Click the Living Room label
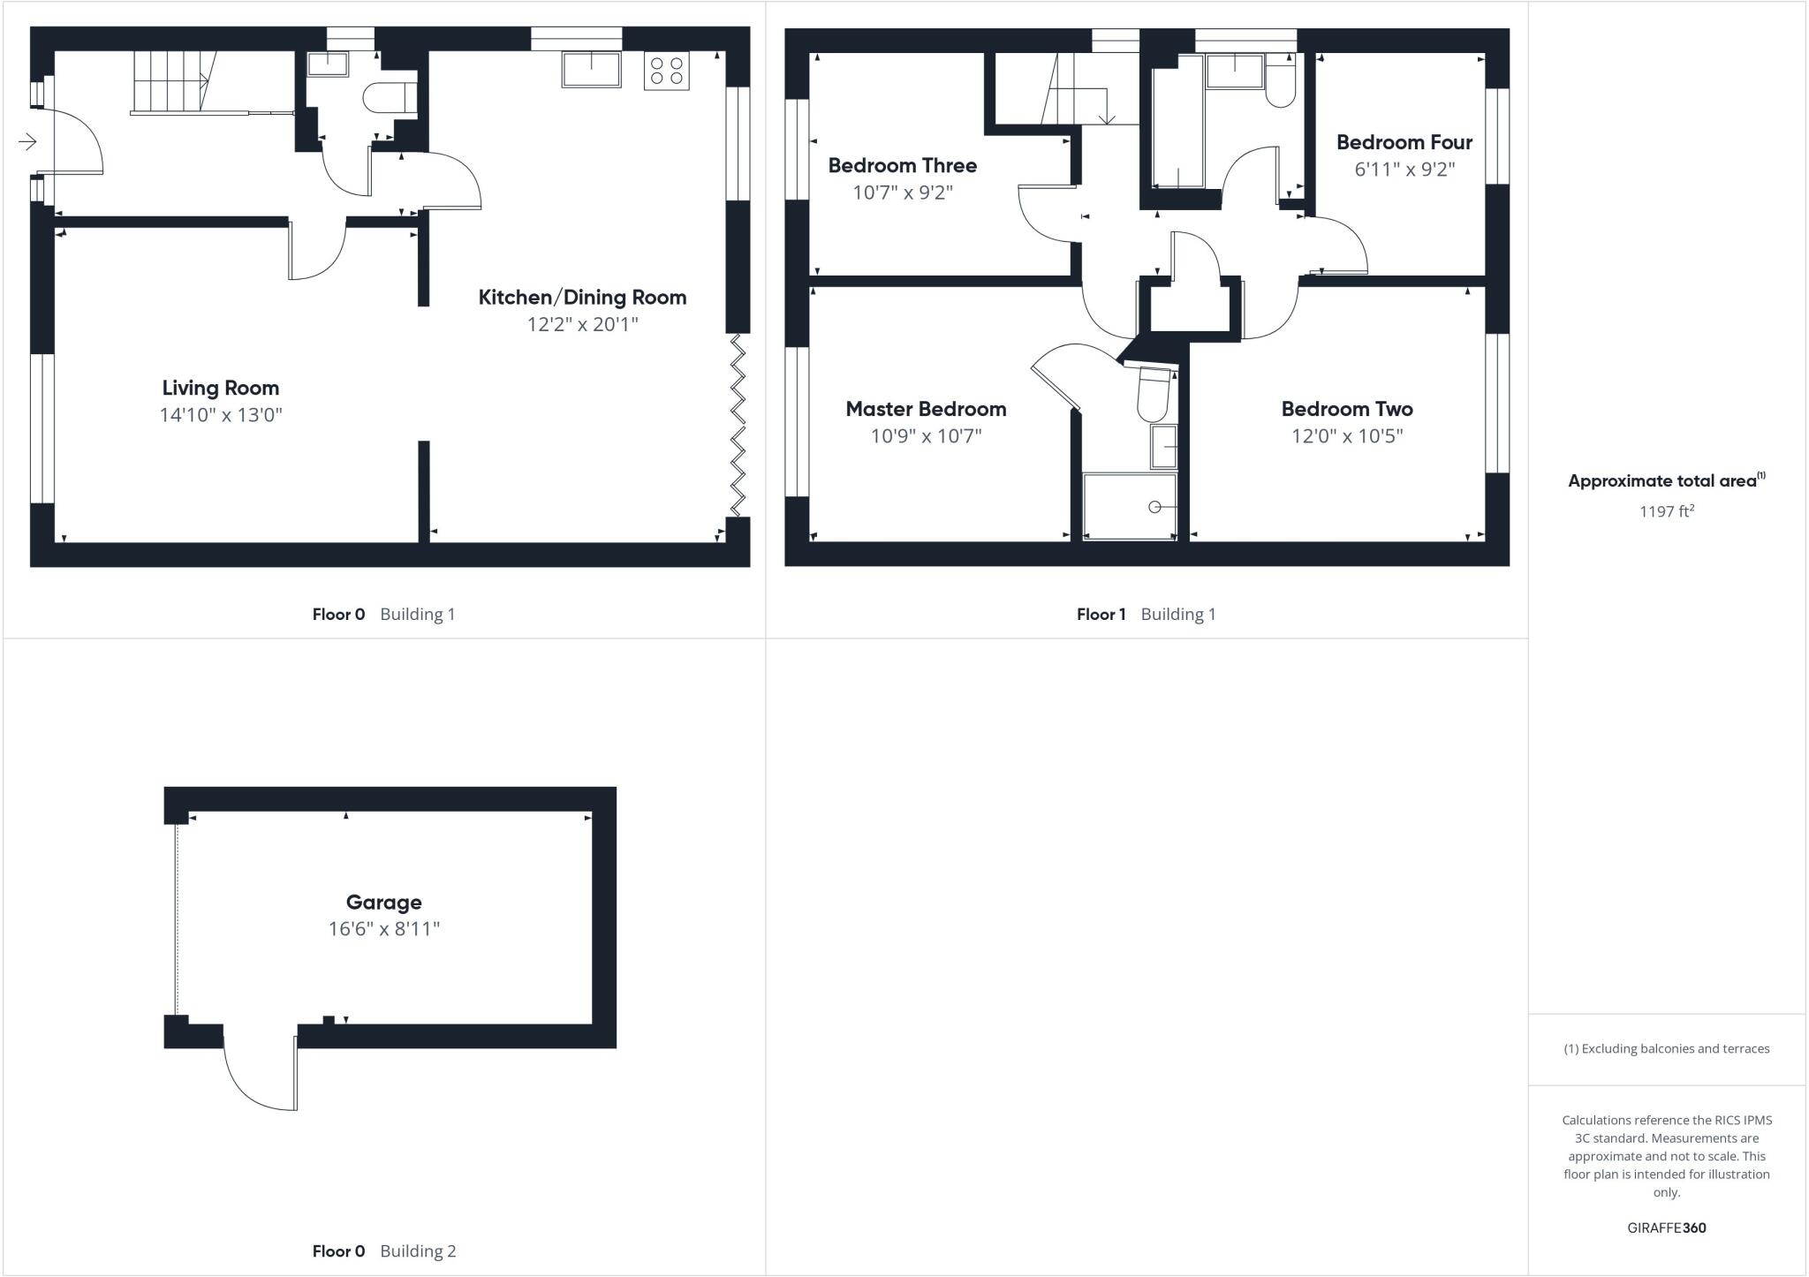220,388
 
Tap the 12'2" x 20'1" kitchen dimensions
582,324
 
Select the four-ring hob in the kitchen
666,71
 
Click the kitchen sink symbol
591,69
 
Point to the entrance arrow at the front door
27,141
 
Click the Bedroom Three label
902,165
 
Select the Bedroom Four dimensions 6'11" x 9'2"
1404,169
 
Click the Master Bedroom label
926,409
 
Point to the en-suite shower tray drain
1154,507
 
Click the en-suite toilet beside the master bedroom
1153,396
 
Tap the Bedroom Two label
1346,409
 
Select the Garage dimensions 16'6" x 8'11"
383,928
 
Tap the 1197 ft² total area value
1666,511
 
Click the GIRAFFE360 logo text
1666,1228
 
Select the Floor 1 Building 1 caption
1146,614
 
